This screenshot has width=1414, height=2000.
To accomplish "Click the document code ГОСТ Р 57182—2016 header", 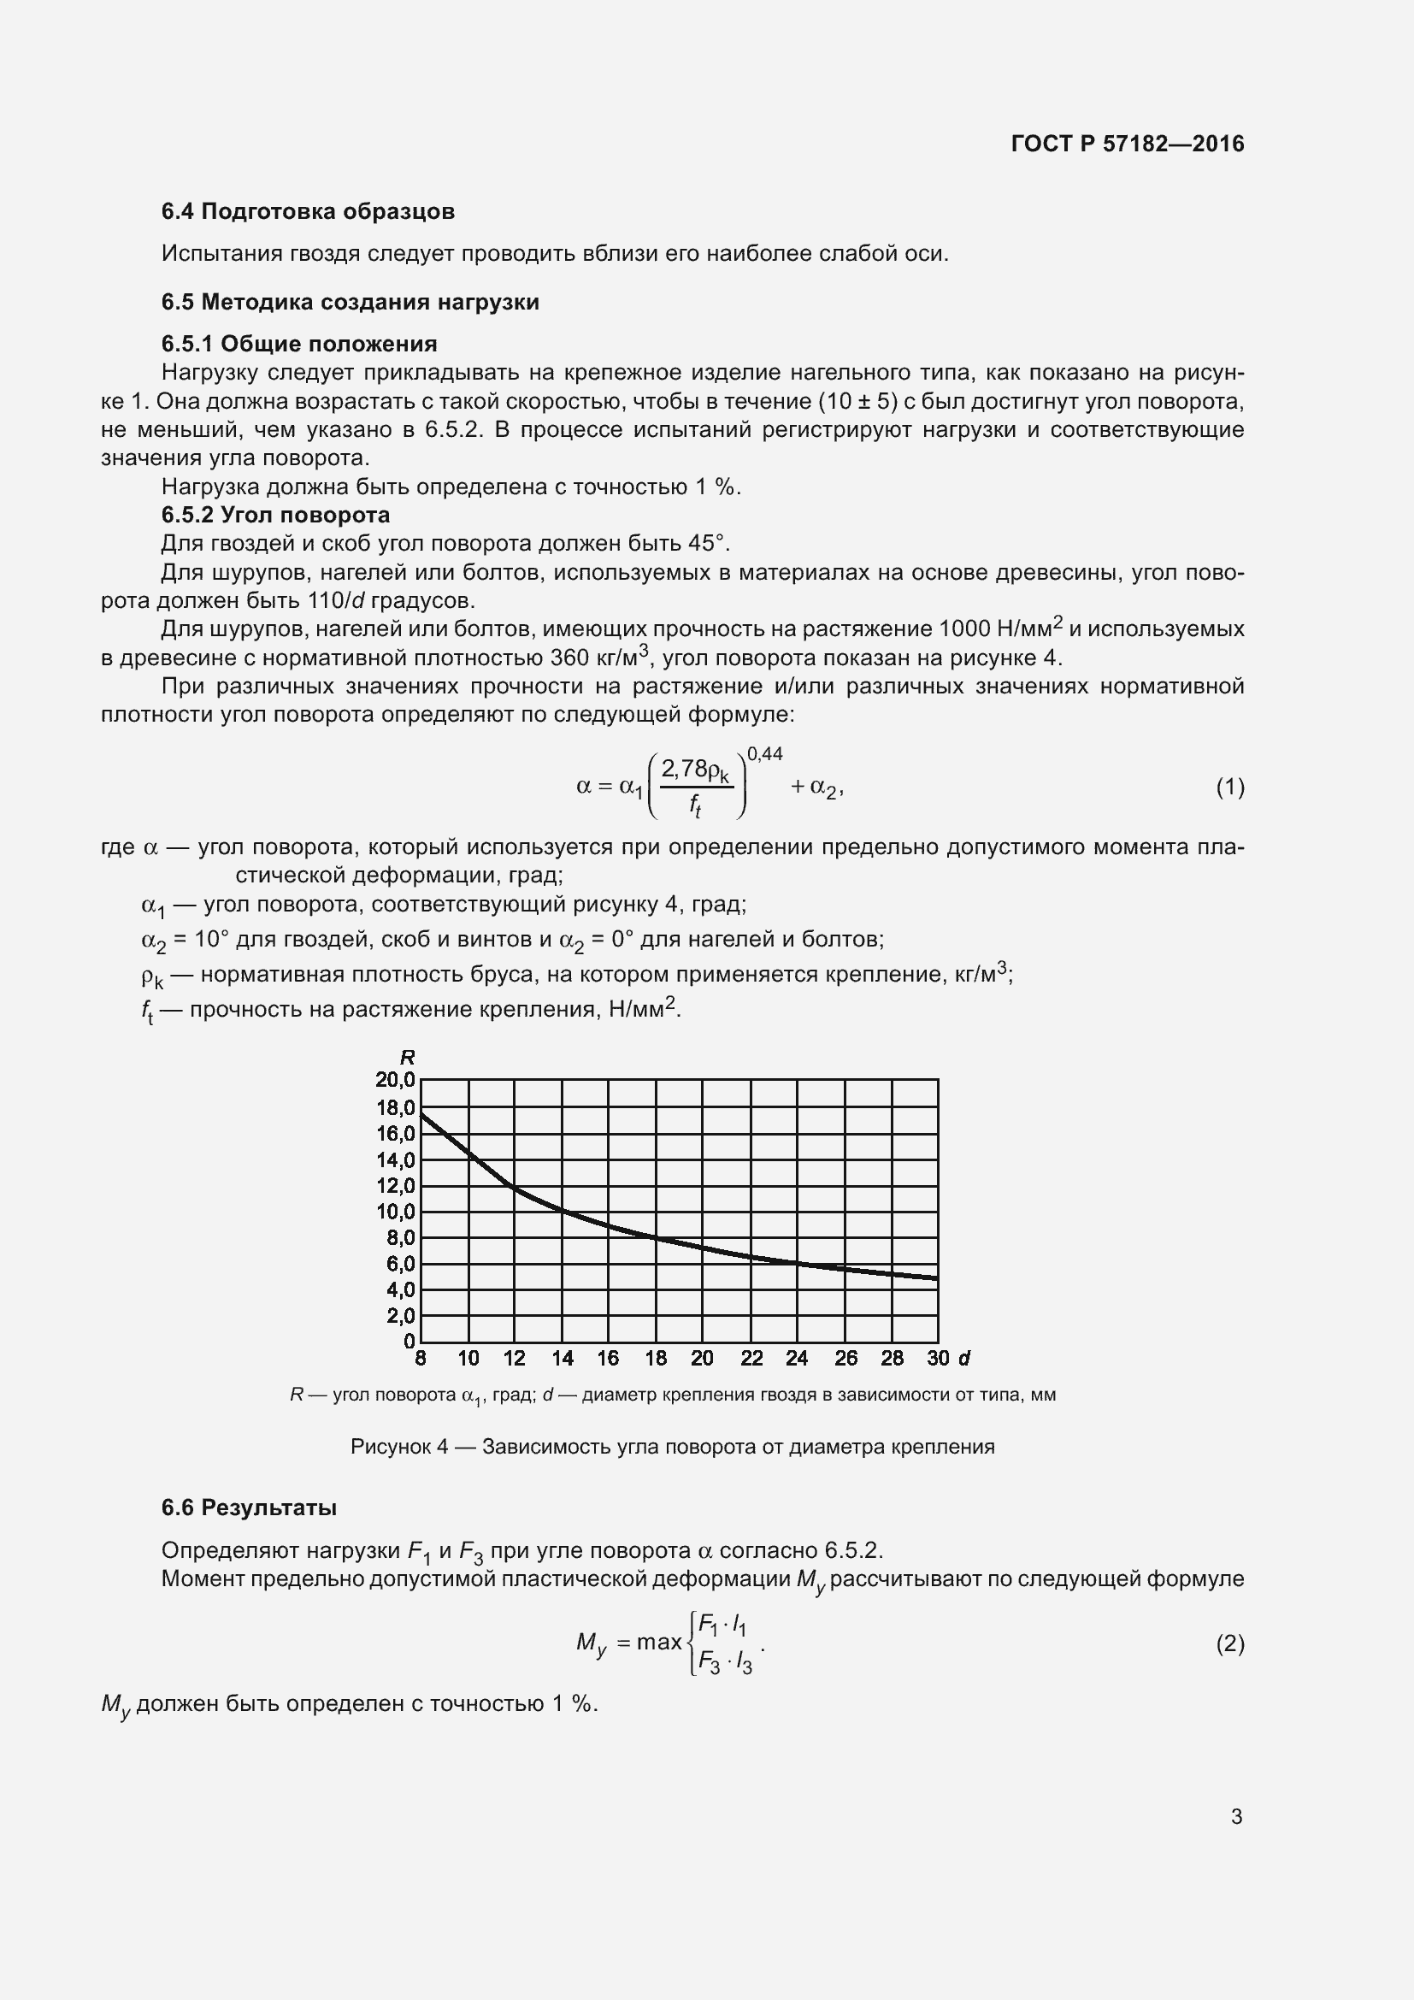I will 1128,144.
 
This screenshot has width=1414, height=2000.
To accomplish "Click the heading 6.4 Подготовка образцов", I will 309,212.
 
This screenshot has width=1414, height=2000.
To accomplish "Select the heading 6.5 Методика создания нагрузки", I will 350,302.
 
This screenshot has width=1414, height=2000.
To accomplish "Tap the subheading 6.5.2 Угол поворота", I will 275,515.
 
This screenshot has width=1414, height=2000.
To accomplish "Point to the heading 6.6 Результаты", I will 249,1507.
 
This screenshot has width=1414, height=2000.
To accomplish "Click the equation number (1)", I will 1229,788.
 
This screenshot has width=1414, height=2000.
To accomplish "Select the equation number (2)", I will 1229,1643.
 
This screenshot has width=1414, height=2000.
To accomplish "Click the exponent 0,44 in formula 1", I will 764,754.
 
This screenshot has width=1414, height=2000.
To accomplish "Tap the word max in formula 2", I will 659,1642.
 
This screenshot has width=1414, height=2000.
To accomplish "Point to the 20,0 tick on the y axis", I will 395,1080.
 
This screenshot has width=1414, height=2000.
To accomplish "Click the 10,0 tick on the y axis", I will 395,1212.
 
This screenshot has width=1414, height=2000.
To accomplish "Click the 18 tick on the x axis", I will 656,1358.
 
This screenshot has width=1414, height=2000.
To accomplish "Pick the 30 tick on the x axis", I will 938,1358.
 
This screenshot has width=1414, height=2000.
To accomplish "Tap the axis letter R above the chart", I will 407,1058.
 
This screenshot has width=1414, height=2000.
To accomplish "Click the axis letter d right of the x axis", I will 963,1358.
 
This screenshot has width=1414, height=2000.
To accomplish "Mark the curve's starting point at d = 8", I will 421,1114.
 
